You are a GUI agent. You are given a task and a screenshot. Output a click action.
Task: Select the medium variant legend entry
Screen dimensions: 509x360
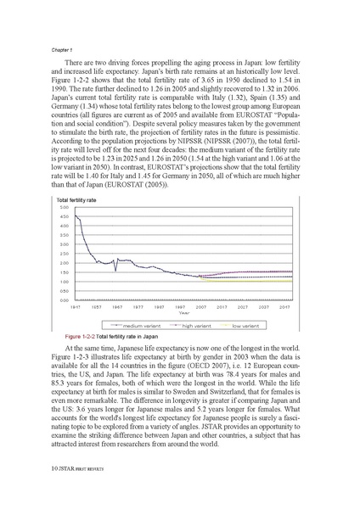pos(143,325)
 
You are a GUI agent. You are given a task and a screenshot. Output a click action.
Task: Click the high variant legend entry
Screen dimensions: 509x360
pos(197,325)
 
